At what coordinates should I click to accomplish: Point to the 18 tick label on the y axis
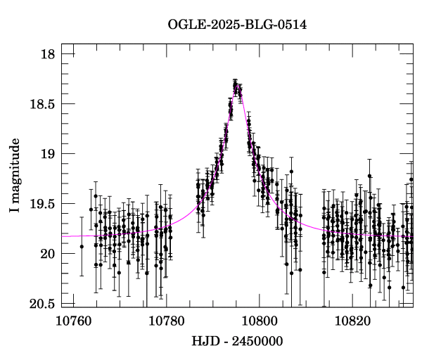[47, 54]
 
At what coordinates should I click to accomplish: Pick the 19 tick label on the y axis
[47, 154]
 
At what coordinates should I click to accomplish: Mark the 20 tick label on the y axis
[47, 254]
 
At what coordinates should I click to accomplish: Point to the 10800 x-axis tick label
[259, 321]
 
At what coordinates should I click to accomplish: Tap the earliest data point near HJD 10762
[82, 246]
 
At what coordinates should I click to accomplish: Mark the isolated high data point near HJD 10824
[369, 176]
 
